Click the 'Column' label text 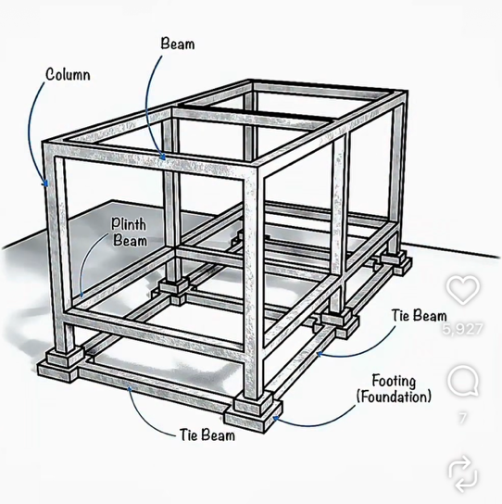coord(68,74)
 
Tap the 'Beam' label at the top coord(178,44)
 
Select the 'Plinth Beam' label coord(129,232)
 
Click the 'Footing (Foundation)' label coord(394,388)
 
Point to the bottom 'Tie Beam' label coord(207,435)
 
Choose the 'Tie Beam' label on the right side coord(419,315)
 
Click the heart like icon coord(463,290)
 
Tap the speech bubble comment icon coord(463,381)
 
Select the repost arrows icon coord(463,473)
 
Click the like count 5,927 coord(463,329)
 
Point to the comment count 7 coord(462,418)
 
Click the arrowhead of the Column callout coord(46,183)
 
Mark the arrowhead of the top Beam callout coord(163,157)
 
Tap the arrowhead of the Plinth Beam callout coord(82,294)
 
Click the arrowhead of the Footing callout coord(276,418)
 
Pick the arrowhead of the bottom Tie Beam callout coord(130,389)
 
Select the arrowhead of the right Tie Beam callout coord(320,354)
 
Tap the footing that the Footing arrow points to coord(253,412)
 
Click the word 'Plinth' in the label coord(129,224)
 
